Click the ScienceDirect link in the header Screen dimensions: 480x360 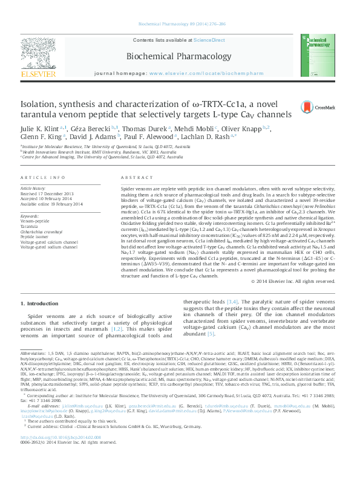pyautogui.click(x=209, y=39)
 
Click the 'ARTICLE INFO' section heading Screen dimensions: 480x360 pyautogui.click(x=42, y=177)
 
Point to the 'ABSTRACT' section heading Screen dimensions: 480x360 pyautogui.click(x=133, y=177)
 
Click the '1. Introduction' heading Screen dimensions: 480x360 pyautogui.click(x=39, y=303)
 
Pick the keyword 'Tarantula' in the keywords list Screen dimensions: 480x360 pyautogui.click(x=30, y=226)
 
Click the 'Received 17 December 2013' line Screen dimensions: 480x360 pyautogui.click(x=47, y=193)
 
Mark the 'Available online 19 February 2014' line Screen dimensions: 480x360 pyautogui.click(x=51, y=204)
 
